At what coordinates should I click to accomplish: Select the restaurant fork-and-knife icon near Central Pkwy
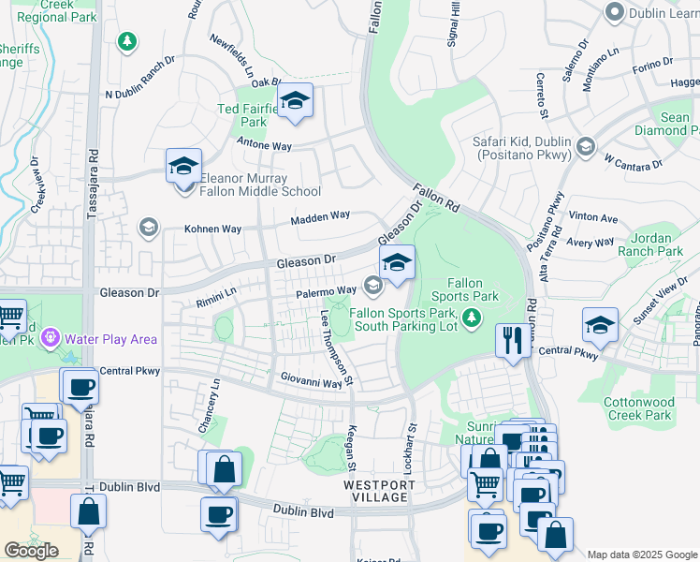511,340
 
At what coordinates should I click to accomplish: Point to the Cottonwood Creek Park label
639,408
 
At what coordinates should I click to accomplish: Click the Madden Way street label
319,217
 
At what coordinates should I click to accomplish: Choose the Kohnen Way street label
212,229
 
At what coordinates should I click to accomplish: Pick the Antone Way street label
265,145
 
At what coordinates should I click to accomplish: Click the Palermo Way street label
326,292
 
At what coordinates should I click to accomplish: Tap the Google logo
31,551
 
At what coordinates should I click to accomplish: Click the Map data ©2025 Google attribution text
641,555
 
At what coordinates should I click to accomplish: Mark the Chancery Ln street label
216,405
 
